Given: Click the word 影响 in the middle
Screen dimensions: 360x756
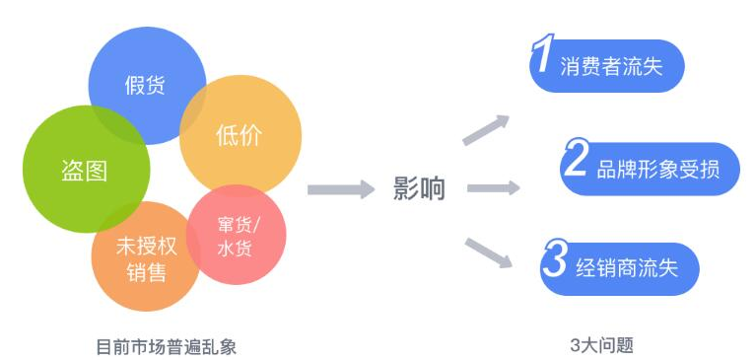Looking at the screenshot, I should coord(419,188).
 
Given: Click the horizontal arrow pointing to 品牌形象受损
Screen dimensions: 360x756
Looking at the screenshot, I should coord(493,187).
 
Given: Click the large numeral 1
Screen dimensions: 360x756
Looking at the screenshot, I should coord(541,57).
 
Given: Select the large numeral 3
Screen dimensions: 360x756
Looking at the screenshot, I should coord(555,261).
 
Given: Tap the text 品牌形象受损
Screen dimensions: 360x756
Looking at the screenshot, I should coord(657,169).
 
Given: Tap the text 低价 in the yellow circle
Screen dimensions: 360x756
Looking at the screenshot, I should coord(240,135).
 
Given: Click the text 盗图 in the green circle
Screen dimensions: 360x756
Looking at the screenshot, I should coord(84,170).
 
